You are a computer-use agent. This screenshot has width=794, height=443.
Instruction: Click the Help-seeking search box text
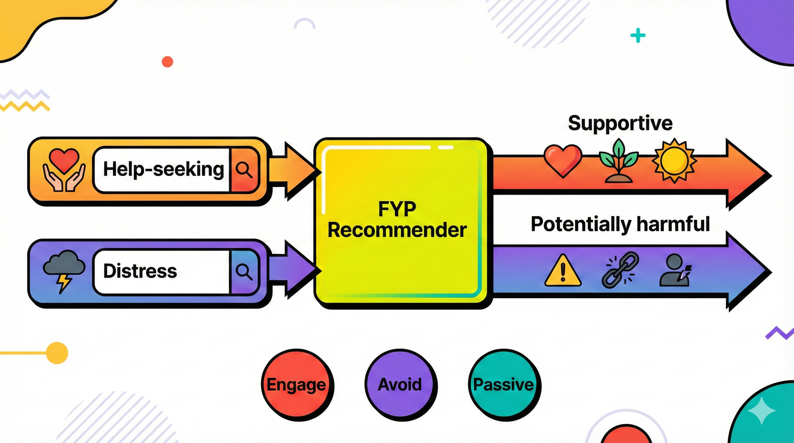(163, 169)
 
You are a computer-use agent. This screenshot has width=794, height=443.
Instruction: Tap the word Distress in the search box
(140, 271)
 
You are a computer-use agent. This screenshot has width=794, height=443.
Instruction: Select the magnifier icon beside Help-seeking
(244, 170)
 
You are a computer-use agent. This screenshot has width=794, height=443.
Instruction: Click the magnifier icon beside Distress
(244, 272)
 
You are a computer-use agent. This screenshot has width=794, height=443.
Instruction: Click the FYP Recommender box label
(397, 219)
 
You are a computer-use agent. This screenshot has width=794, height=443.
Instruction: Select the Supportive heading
(620, 123)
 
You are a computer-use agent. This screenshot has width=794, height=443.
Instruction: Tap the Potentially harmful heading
(620, 224)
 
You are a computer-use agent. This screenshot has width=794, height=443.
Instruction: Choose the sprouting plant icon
(619, 162)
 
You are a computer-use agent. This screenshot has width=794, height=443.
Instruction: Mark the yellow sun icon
(674, 161)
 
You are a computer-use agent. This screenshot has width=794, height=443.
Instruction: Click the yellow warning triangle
(563, 271)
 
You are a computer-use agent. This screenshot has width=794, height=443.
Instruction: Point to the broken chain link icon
(619, 270)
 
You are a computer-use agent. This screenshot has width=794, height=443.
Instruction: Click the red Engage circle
(297, 385)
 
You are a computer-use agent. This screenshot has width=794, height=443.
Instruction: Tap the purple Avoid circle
(400, 385)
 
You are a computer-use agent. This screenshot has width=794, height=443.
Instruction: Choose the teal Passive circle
(504, 385)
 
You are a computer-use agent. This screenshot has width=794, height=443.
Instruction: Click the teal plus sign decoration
(638, 35)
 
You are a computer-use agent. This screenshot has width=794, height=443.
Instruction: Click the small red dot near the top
(167, 62)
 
